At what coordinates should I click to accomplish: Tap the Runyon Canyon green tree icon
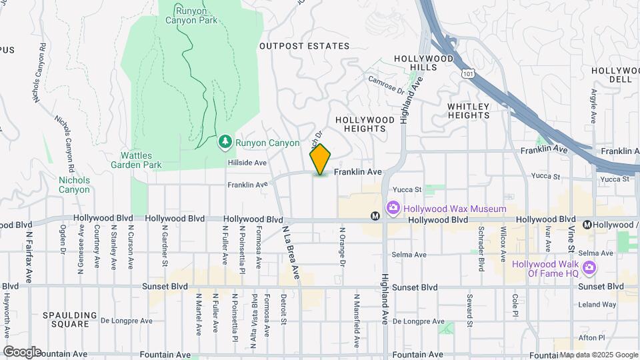tap(225, 141)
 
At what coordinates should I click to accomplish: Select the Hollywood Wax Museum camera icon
tap(393, 209)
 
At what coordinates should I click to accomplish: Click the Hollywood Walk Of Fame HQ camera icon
tap(589, 268)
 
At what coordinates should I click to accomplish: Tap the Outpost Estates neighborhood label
tap(304, 46)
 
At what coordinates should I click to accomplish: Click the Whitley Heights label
tap(469, 111)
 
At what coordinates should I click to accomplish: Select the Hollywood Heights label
tap(365, 124)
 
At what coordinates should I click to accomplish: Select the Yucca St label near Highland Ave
tap(408, 189)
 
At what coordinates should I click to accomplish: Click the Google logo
tap(23, 352)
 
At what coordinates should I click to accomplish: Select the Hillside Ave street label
tap(247, 162)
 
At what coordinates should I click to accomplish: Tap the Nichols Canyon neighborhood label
tap(73, 185)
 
